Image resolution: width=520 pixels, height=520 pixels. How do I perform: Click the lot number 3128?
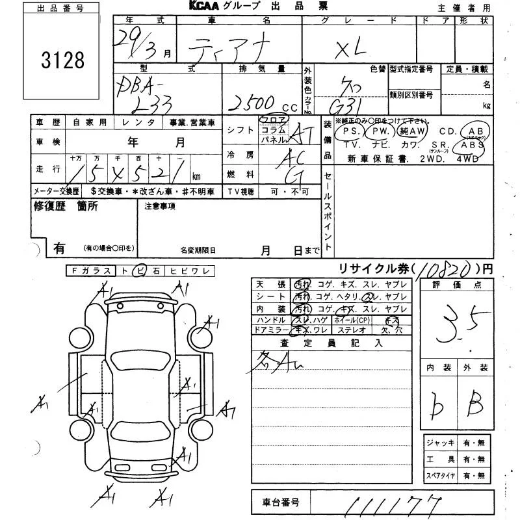(x=62, y=60)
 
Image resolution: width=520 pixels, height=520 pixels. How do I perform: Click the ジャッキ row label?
(x=439, y=443)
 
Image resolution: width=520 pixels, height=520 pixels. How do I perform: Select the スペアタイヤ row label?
(x=441, y=476)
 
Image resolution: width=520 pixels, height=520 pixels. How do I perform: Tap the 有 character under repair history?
(x=60, y=248)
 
